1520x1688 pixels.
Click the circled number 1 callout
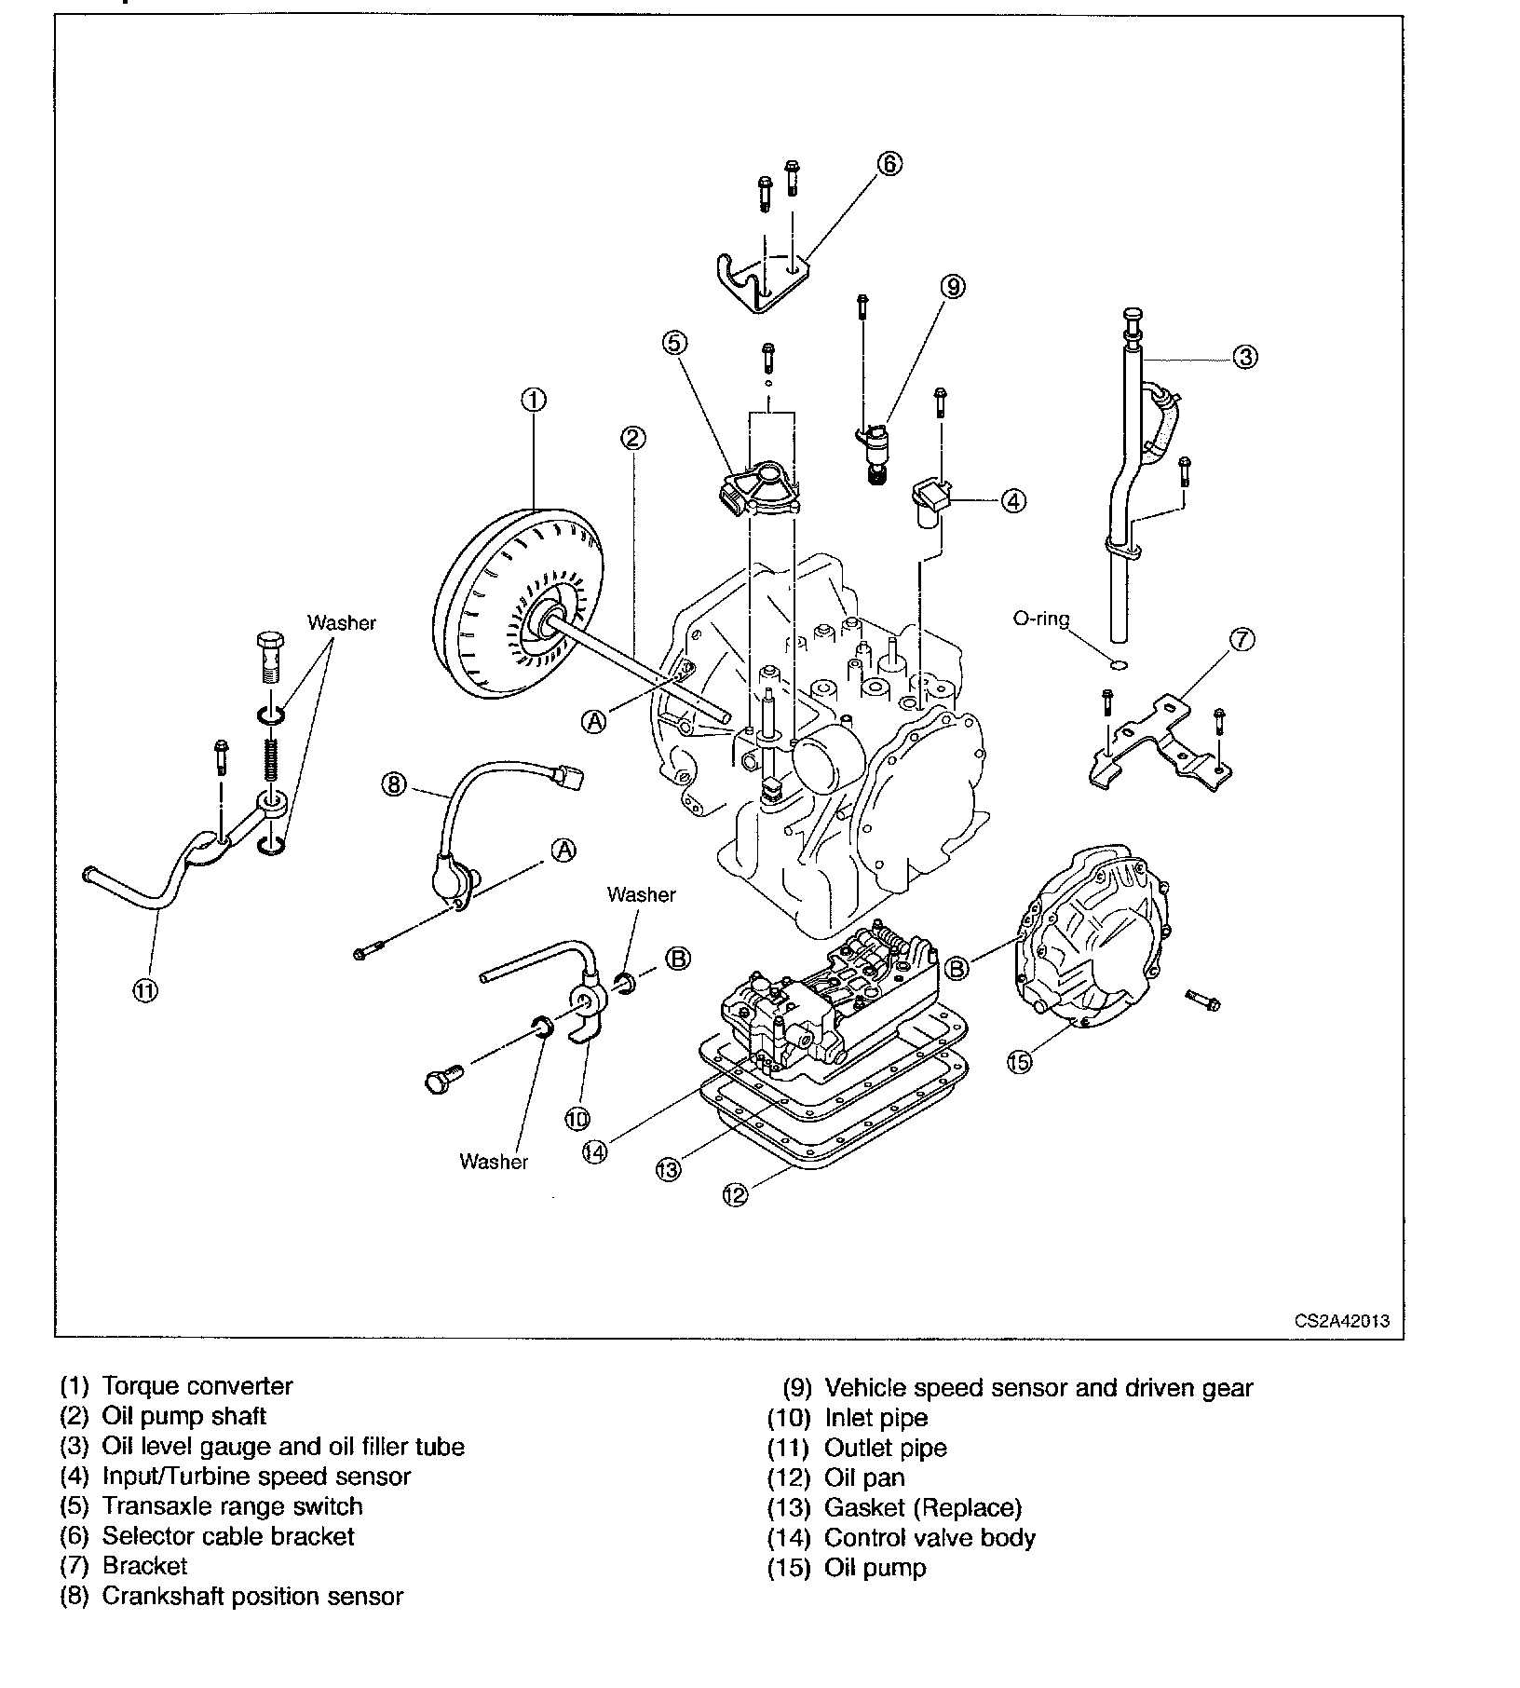[534, 400]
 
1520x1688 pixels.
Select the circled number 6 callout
[889, 164]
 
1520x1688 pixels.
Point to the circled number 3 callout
[1245, 356]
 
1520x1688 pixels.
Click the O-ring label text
[1041, 619]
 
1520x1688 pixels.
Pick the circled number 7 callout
[1242, 639]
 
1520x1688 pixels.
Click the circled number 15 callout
[1020, 1061]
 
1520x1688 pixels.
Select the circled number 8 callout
[394, 785]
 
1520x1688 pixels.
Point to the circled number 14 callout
[594, 1151]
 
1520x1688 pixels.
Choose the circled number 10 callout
[577, 1117]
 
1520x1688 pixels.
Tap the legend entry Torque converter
[197, 1386]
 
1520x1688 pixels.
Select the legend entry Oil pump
[875, 1568]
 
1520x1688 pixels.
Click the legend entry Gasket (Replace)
[922, 1507]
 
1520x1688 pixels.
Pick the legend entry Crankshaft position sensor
[252, 1596]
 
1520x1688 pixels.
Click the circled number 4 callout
[1013, 500]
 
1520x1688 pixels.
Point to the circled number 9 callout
[953, 286]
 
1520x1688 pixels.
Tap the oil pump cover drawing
[1094, 941]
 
